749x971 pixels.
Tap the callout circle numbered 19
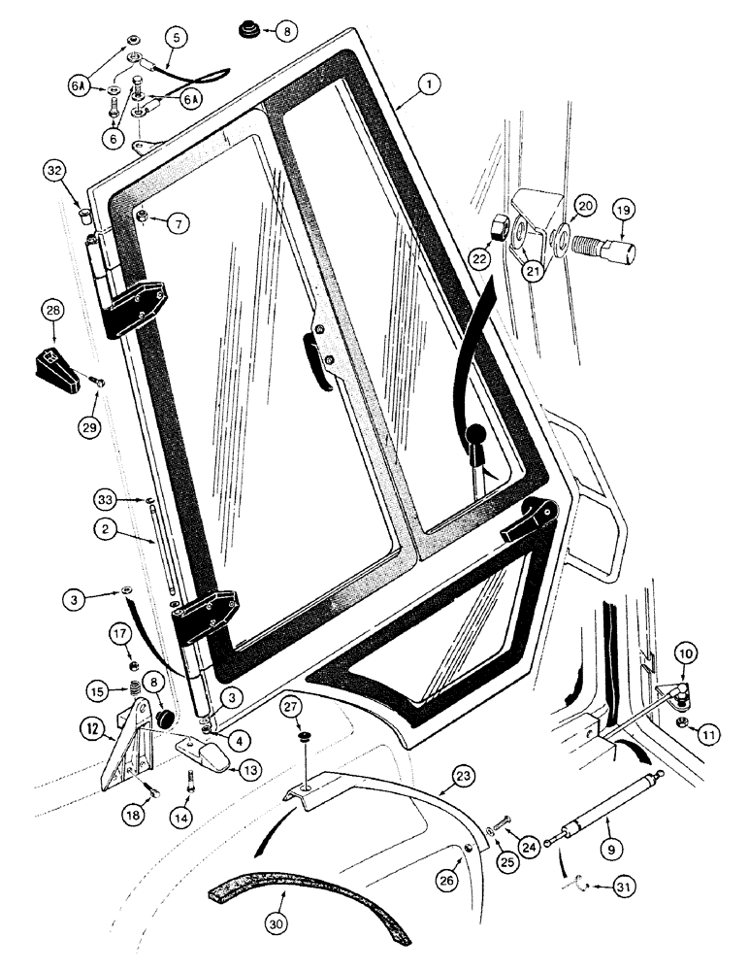[x=624, y=211]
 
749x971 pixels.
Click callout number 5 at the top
[x=176, y=39]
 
